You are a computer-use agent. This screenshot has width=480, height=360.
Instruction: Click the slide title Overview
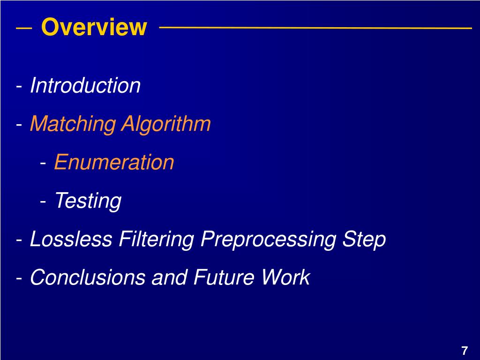coord(94,27)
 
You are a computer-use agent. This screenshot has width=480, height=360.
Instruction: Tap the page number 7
coord(464,351)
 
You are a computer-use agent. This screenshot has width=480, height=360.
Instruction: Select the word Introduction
coord(85,86)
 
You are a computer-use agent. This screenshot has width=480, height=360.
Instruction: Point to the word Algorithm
coord(166,125)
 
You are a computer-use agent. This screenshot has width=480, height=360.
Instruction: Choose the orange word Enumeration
coord(114,163)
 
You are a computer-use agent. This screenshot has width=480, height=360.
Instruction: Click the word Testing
coord(88,201)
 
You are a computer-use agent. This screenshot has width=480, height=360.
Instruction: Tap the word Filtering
coord(157,240)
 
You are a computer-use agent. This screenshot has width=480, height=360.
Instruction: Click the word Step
coord(364,240)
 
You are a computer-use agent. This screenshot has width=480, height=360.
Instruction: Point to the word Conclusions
coord(88,277)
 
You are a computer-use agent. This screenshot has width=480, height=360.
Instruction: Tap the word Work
coord(285,277)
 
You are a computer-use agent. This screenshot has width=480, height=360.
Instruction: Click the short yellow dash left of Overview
coord(24,28)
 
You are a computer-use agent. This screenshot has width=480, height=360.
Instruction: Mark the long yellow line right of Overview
coord(315,28)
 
